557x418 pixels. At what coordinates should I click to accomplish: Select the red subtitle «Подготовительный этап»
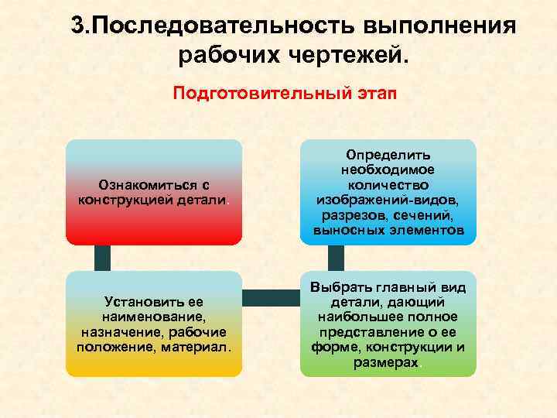pos(284,94)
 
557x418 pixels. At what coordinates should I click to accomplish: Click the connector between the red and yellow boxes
pos(101,258)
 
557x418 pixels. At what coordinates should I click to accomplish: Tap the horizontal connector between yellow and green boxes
pos(271,296)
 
